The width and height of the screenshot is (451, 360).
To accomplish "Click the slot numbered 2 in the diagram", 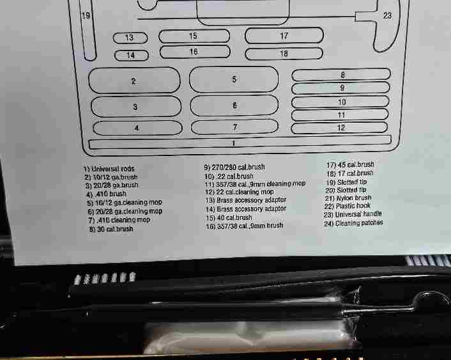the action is point(134,81).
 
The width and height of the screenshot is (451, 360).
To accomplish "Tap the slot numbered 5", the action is point(234,79).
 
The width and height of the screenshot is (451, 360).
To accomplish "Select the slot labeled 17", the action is point(284,35).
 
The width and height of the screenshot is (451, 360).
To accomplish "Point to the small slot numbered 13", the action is point(130,38).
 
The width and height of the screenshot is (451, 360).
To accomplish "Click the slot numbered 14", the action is point(132,55).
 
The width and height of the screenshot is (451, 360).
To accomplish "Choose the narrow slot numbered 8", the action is point(341,75).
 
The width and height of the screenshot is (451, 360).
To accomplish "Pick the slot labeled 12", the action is point(339,128).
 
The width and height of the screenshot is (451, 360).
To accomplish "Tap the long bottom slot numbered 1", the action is point(240,143).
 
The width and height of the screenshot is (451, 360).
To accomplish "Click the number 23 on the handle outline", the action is point(387,15).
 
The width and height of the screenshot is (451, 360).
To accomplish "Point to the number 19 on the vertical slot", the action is point(86,15).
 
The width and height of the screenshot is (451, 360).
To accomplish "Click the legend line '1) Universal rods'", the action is point(109,168).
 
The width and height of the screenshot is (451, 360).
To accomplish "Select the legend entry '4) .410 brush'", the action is point(107,194).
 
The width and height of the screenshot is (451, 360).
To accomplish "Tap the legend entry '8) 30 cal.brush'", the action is point(111,229).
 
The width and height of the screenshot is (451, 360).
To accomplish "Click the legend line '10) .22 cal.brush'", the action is point(229,176).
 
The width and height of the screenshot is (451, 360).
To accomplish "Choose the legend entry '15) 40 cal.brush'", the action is point(229,218).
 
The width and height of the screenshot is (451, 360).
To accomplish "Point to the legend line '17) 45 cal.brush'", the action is point(350,165).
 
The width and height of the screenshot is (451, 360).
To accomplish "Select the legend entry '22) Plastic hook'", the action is point(347,206).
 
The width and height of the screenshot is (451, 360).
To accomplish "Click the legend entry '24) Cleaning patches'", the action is point(353,223).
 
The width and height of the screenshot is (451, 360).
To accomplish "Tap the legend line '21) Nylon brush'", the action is point(348,198).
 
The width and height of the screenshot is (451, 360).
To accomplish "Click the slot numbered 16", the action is point(195,52).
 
